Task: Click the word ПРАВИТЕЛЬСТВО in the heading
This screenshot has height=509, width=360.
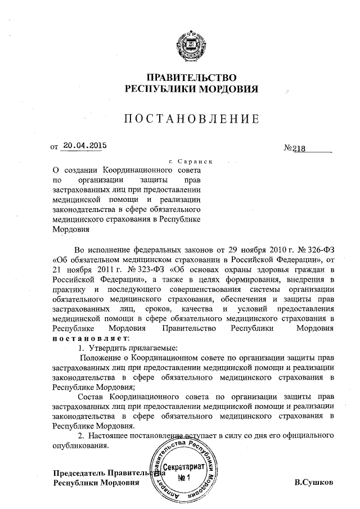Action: [x=191, y=77]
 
